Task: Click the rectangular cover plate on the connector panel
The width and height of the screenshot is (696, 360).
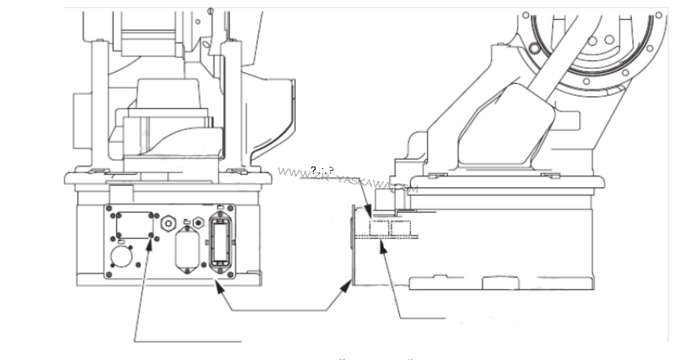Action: [x=135, y=225]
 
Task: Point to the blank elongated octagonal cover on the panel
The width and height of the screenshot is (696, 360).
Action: [x=186, y=247]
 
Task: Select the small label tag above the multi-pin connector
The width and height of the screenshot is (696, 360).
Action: [x=219, y=207]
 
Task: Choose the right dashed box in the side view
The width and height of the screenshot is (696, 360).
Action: [x=401, y=228]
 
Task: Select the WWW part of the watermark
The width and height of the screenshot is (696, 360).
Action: [x=288, y=171]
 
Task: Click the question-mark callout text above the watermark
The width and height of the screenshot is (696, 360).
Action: [x=322, y=170]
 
